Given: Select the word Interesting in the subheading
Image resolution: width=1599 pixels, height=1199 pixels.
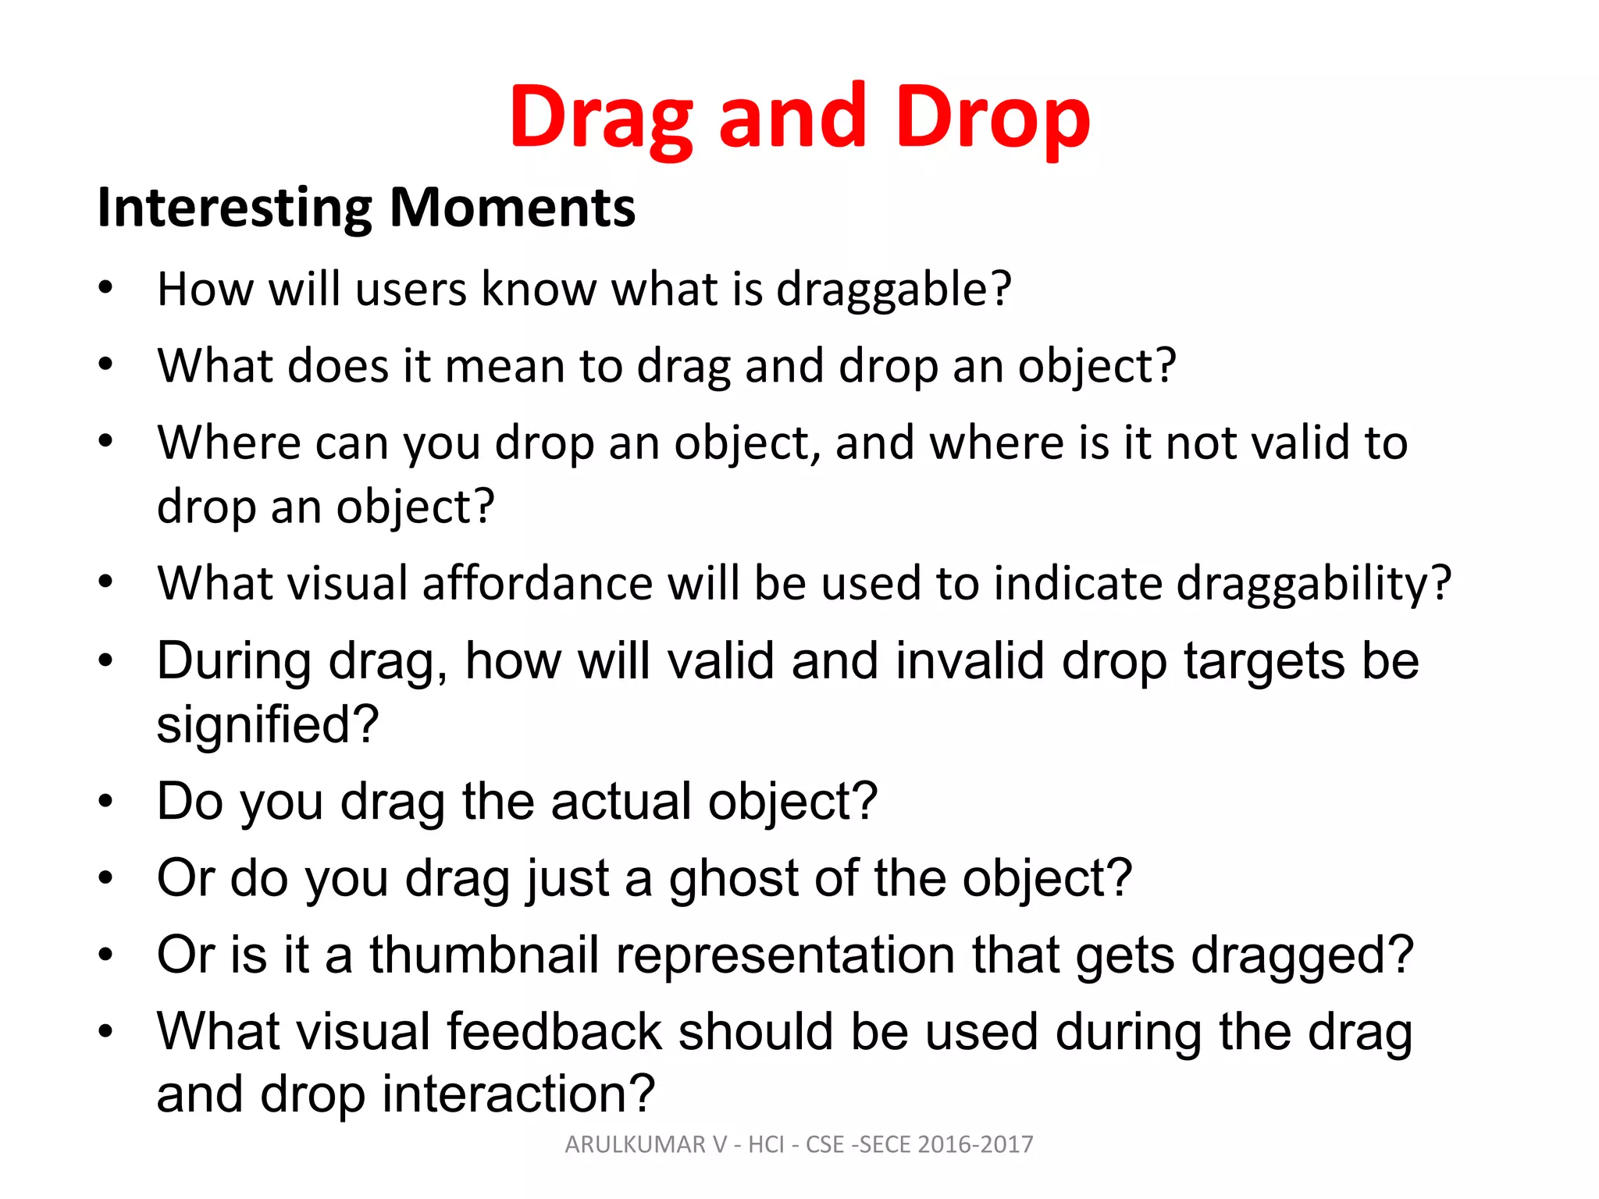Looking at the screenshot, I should (x=234, y=208).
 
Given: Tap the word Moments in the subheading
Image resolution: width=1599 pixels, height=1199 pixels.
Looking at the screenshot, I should (x=512, y=208).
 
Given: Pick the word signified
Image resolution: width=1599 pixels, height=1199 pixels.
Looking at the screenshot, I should (x=267, y=724).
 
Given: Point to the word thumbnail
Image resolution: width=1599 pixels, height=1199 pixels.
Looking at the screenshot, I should (x=484, y=955).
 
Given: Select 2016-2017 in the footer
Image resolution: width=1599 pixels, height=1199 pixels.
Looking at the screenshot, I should (x=975, y=1144).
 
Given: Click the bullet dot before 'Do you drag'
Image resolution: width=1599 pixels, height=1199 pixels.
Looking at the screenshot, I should (x=106, y=802).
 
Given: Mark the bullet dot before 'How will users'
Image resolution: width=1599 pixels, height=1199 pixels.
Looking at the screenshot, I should (x=106, y=289).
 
